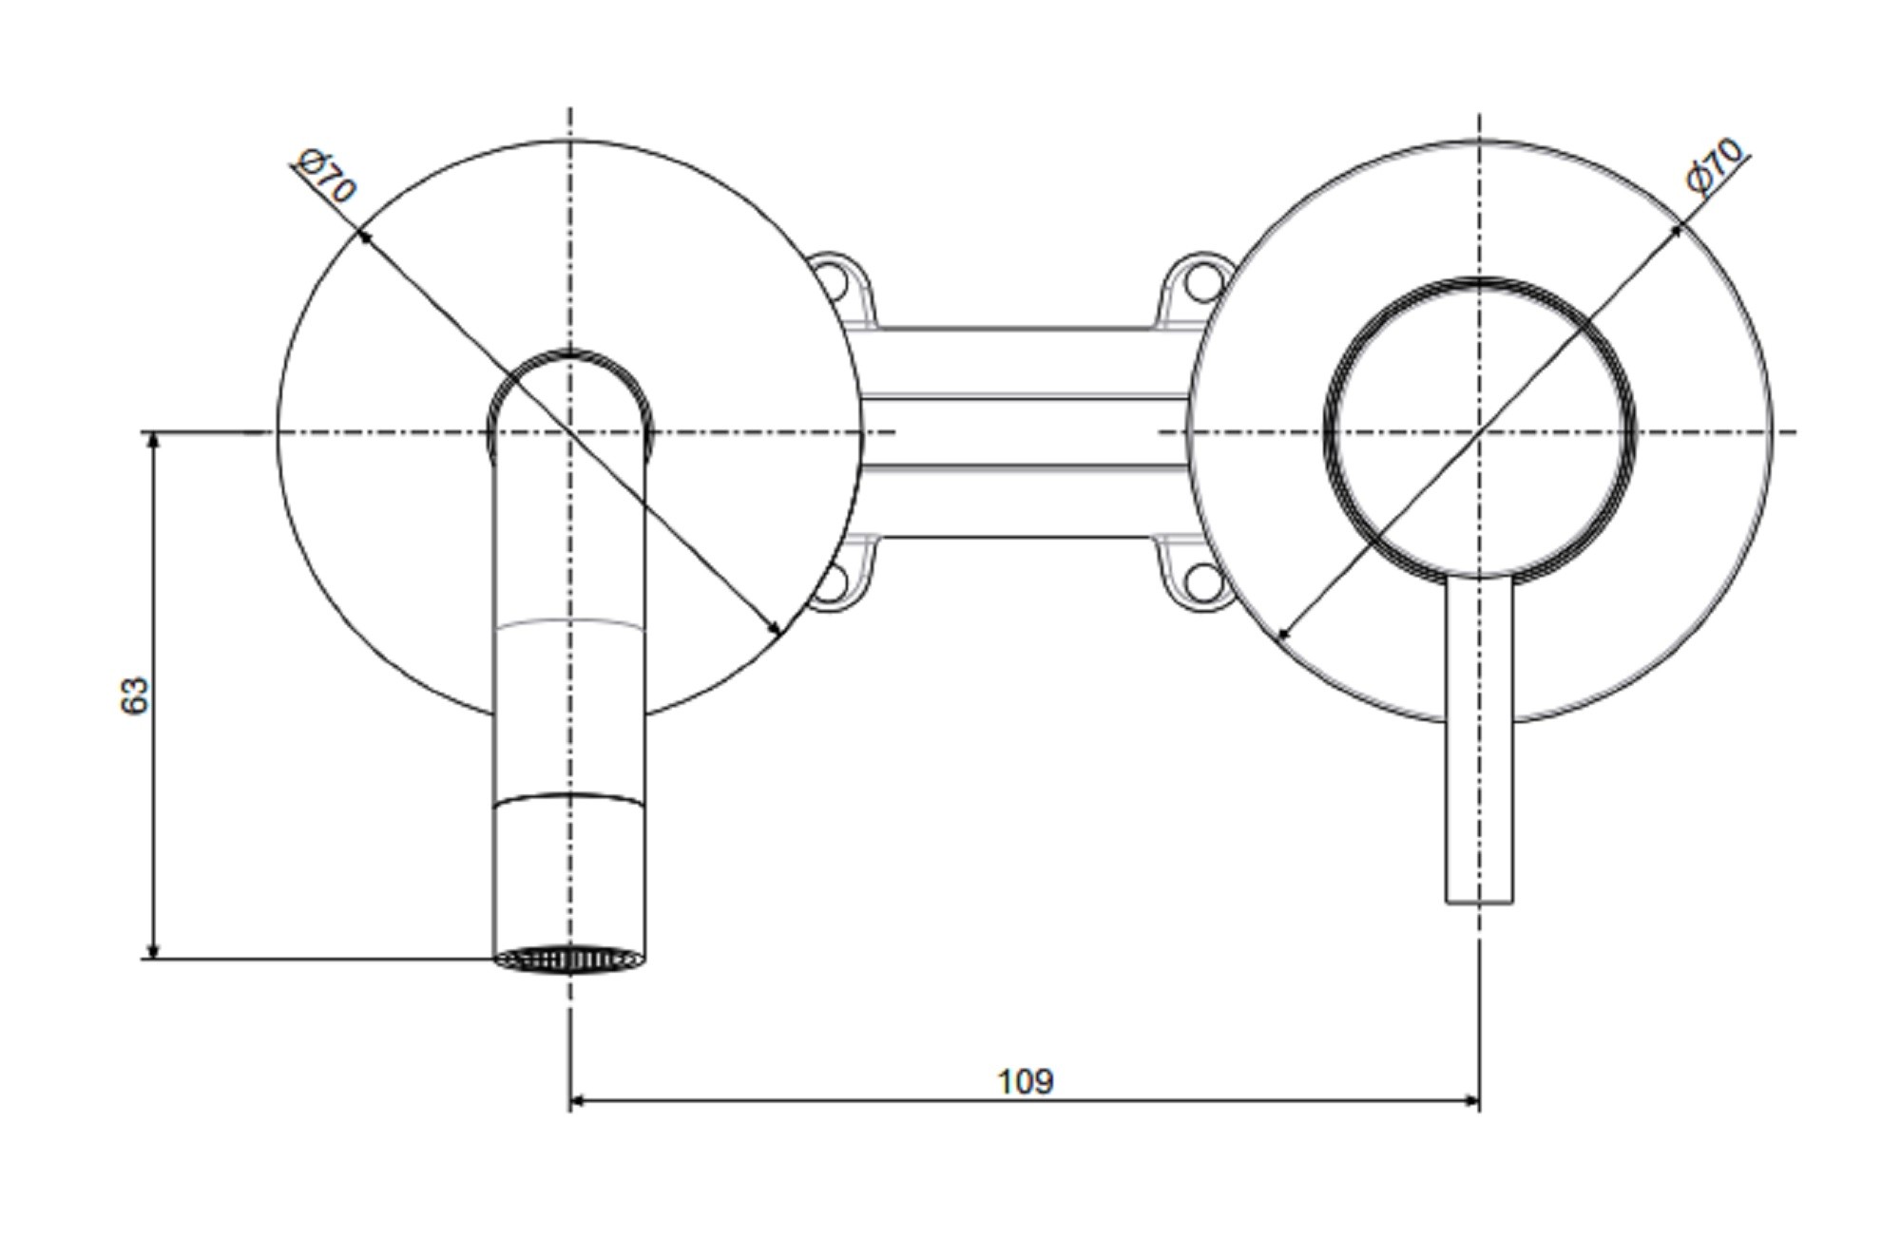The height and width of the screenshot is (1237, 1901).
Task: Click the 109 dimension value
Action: point(1025,1081)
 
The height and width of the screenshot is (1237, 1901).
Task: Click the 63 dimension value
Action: point(135,695)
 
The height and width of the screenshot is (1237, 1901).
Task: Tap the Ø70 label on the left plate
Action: point(325,177)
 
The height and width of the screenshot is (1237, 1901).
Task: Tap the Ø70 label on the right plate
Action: point(1717,166)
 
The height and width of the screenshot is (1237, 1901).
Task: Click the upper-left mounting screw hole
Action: point(834,282)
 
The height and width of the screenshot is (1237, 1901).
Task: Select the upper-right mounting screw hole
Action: point(1202,282)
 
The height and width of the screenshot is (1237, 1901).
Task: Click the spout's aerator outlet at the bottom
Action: point(569,960)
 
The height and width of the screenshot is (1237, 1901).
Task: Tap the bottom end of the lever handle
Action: point(1479,902)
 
